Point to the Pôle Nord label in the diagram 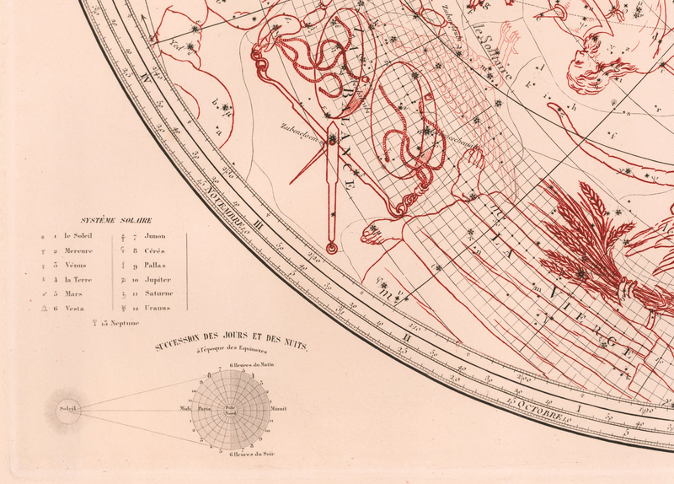(230, 410)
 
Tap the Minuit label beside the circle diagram (280, 409)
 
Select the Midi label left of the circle (185, 409)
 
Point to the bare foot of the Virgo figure (382, 228)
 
